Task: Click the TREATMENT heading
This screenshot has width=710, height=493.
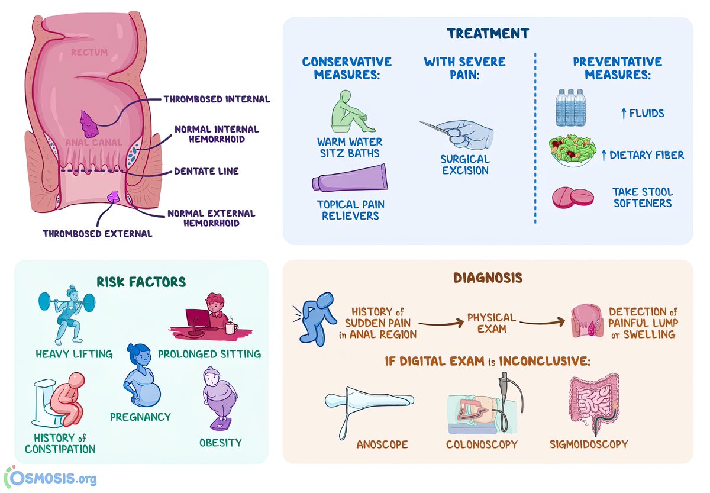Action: tap(488, 33)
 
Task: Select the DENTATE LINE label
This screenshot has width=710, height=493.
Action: tap(206, 171)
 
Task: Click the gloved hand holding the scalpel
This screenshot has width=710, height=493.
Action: tap(467, 135)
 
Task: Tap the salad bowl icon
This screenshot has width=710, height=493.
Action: tap(570, 152)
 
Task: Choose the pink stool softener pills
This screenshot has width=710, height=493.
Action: tap(572, 198)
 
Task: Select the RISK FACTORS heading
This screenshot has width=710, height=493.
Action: tap(141, 281)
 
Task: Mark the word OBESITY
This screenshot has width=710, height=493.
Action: tap(220, 442)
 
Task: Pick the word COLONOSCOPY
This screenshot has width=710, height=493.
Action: tap(482, 444)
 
